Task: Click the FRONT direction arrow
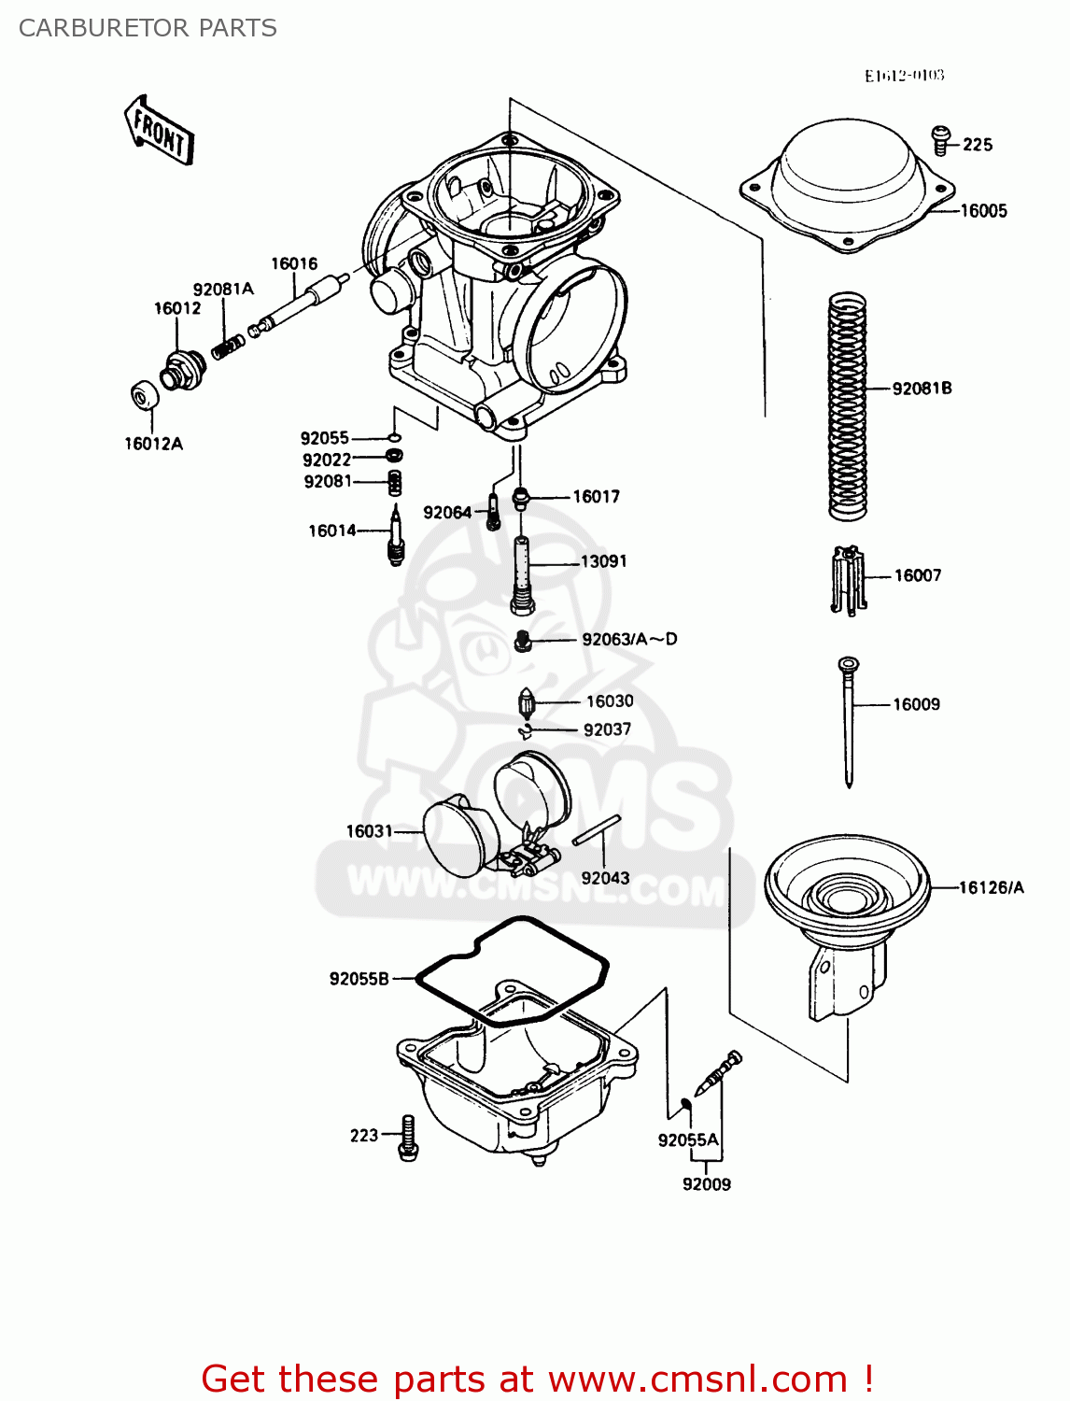coord(159,131)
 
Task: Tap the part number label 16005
coord(984,211)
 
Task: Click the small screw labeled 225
coord(941,140)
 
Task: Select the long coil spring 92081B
coord(848,406)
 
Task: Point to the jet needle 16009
coord(848,719)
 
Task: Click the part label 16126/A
coord(992,887)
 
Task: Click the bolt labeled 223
coord(408,1137)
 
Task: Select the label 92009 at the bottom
coord(707,1184)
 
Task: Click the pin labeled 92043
coord(597,829)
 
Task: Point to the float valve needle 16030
coord(527,702)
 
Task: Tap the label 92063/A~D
coord(629,640)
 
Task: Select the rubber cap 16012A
coord(144,395)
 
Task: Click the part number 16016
coord(294,264)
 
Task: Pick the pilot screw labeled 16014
coord(396,537)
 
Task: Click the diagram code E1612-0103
coord(904,76)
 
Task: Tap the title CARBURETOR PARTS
coord(148,28)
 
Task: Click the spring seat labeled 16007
coord(847,579)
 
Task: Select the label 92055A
coord(688,1139)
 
